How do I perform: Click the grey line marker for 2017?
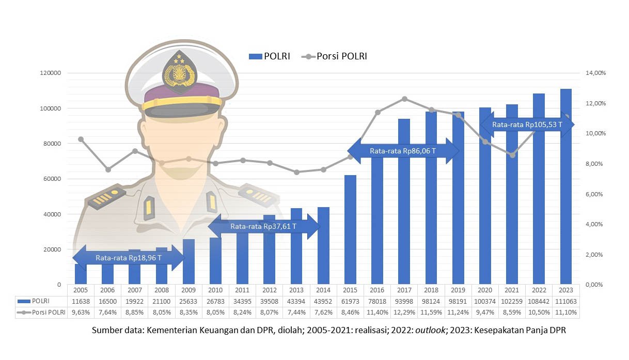click(x=404, y=99)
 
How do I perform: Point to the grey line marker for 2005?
click(x=81, y=139)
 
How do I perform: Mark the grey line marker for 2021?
click(x=512, y=155)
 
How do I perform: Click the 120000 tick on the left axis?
click(x=50, y=73)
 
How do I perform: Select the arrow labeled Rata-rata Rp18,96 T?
click(x=128, y=257)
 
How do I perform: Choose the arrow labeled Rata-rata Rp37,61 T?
click(x=263, y=226)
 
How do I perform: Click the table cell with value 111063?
click(x=566, y=301)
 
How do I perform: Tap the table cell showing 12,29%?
click(x=404, y=312)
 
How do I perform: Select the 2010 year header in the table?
click(x=215, y=290)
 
